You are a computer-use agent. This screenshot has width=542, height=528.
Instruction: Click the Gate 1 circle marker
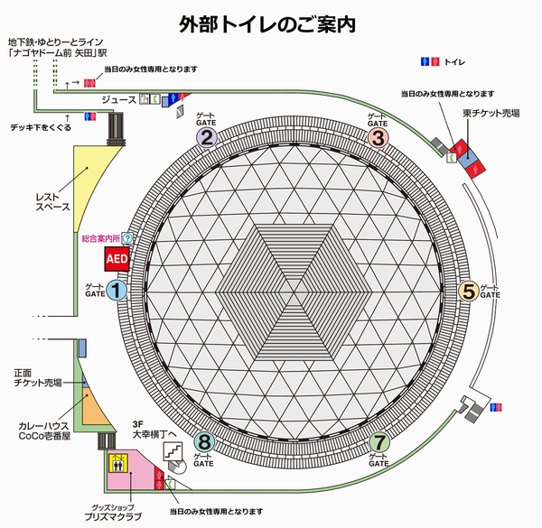click(117, 290)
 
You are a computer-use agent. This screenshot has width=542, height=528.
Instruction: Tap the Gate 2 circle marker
click(207, 138)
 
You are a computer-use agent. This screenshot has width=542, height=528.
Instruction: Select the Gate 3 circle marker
click(378, 138)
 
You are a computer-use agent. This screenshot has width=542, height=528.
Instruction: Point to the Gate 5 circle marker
click(469, 291)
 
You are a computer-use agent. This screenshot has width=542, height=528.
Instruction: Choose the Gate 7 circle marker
click(379, 442)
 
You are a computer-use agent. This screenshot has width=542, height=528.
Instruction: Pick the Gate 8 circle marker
click(204, 442)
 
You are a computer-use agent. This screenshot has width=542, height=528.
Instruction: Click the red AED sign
click(117, 259)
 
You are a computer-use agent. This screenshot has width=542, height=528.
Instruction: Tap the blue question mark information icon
click(127, 238)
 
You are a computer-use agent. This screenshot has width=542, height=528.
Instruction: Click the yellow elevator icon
click(118, 463)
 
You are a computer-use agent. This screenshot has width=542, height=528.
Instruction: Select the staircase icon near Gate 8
click(173, 451)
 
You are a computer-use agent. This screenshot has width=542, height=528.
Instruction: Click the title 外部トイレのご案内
click(267, 24)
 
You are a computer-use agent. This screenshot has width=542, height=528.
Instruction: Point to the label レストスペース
click(52, 202)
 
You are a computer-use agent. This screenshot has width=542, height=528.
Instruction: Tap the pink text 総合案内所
click(100, 238)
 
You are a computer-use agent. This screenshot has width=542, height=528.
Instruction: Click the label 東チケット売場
click(491, 113)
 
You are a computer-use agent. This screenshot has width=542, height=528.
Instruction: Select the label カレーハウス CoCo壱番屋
click(44, 431)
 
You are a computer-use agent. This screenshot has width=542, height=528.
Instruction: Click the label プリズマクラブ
click(113, 516)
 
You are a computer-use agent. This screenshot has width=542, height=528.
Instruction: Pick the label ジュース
click(119, 100)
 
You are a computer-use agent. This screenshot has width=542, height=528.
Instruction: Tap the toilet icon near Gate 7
click(496, 407)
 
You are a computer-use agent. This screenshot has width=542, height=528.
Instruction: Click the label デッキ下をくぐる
click(41, 127)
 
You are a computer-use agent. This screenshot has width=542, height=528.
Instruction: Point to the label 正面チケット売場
click(38, 378)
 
